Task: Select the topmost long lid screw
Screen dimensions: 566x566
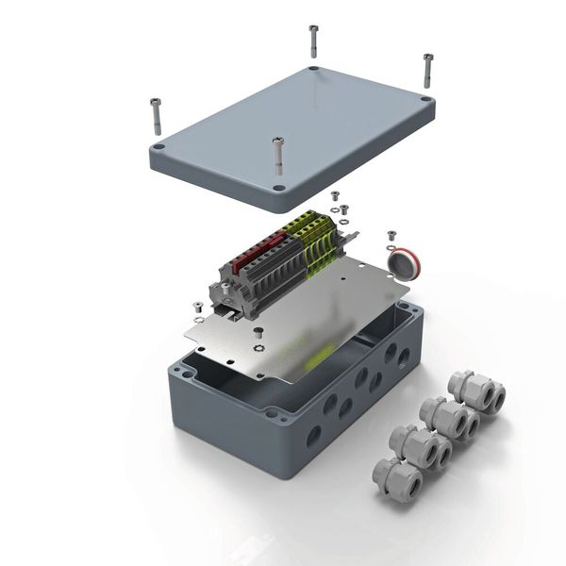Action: [313, 42]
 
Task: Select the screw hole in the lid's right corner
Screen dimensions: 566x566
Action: [427, 99]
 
